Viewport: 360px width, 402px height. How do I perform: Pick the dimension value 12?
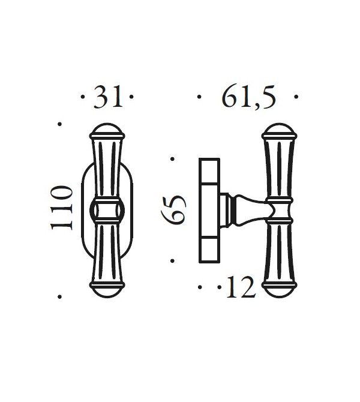point(241,289)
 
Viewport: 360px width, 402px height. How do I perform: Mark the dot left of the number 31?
point(82,96)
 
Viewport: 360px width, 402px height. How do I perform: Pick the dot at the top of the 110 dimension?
point(59,124)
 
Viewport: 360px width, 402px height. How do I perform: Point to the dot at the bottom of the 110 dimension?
point(59,296)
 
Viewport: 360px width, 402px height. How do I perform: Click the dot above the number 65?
point(173,158)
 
